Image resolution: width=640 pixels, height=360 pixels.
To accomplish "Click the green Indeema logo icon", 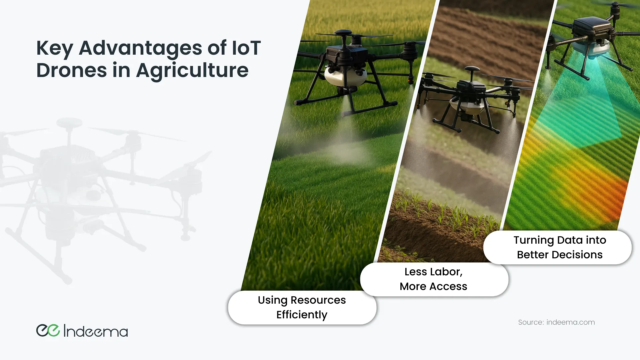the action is (x=48, y=330).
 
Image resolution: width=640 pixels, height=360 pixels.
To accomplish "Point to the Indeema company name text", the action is (x=96, y=331).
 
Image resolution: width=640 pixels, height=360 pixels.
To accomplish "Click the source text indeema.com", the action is (x=571, y=322).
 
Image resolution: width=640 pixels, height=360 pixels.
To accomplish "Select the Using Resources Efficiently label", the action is (x=302, y=307).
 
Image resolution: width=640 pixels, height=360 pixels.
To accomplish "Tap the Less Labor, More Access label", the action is (x=434, y=279).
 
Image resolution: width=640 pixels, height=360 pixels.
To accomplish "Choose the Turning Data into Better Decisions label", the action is (x=558, y=247).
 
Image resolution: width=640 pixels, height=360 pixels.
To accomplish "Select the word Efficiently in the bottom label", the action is (x=302, y=315).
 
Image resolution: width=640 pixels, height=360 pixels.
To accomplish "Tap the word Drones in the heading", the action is (x=72, y=70).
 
